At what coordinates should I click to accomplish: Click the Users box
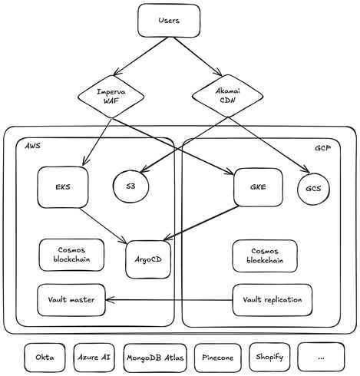(x=169, y=21)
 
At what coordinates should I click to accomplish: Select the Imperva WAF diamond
(x=111, y=97)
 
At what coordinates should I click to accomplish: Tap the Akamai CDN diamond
(x=227, y=96)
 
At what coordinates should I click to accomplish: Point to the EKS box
(x=63, y=187)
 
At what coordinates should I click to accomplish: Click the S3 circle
(x=130, y=186)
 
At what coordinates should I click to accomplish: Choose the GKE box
(x=258, y=187)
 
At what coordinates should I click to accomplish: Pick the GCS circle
(x=313, y=189)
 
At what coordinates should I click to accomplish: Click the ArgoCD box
(x=148, y=259)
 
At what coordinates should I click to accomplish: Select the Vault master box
(x=71, y=300)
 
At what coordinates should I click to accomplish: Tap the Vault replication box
(x=272, y=300)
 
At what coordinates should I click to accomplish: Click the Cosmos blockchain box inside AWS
(x=71, y=255)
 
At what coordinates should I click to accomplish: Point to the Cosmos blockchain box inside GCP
(x=265, y=256)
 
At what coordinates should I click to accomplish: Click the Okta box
(x=45, y=358)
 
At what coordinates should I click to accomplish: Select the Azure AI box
(x=94, y=358)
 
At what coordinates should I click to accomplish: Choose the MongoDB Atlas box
(x=155, y=358)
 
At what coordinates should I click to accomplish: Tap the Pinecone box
(x=218, y=358)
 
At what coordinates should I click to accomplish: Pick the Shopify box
(x=269, y=357)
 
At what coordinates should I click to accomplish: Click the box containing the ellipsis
(x=321, y=358)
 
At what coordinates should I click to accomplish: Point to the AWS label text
(x=32, y=146)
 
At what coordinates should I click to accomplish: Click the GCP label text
(x=322, y=148)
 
